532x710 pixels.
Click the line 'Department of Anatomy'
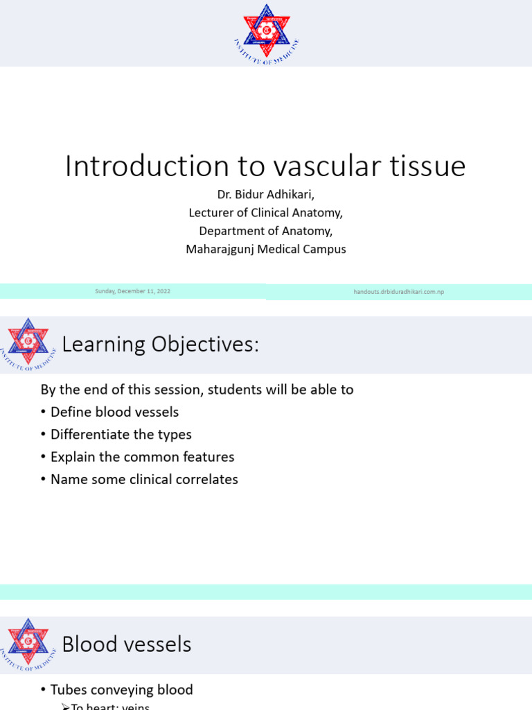pos(265,231)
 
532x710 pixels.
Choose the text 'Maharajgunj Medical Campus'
pos(265,249)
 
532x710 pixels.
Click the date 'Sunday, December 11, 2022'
pos(133,292)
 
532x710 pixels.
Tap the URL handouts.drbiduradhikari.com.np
pos(398,292)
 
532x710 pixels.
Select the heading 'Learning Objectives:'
pos(160,344)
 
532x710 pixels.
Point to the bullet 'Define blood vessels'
pos(114,412)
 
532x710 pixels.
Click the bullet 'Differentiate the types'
pos(121,435)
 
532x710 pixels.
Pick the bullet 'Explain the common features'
pos(142,457)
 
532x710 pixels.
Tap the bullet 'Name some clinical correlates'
pos(144,479)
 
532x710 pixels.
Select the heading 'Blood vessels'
pos(127,644)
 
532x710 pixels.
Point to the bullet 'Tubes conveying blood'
pos(121,690)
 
